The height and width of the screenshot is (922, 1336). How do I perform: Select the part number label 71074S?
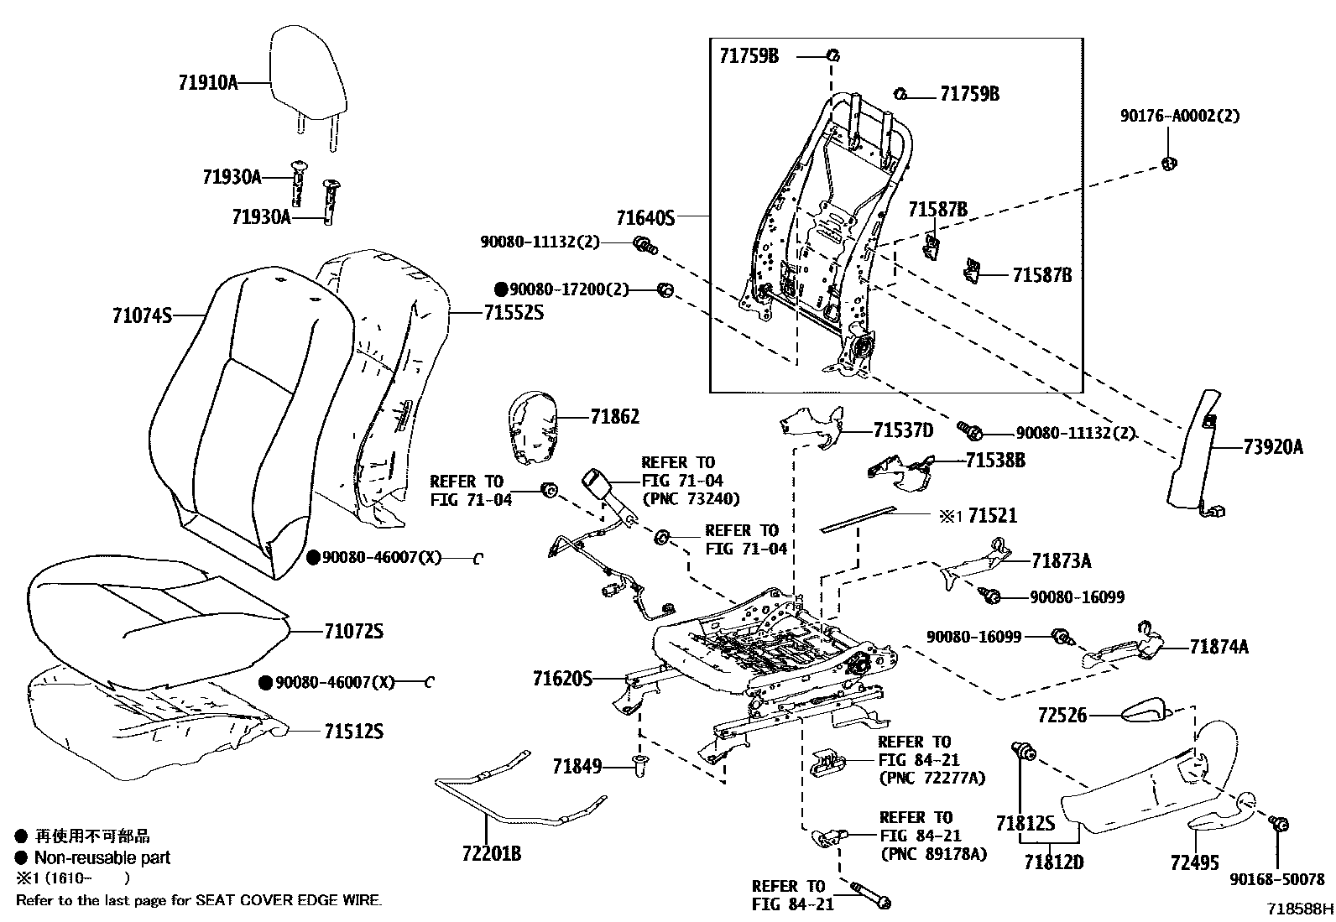(142, 315)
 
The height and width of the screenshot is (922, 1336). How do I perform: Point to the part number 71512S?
(353, 732)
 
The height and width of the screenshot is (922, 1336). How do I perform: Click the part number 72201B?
(491, 854)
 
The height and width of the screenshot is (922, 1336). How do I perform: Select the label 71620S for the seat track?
(562, 677)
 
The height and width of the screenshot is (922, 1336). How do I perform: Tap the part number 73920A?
(1273, 448)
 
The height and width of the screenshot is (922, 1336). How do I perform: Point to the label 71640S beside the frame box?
(645, 218)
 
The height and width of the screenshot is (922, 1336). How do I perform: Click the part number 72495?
(1194, 862)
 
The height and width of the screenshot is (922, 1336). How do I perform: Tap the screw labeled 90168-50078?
(1279, 825)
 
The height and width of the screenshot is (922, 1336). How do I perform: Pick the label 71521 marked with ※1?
(992, 515)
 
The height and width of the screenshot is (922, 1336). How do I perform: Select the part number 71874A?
(1219, 646)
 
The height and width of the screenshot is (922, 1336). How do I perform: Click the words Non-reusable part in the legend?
(102, 857)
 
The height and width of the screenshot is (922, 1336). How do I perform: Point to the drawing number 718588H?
(1300, 909)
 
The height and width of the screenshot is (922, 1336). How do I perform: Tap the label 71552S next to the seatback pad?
(514, 313)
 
